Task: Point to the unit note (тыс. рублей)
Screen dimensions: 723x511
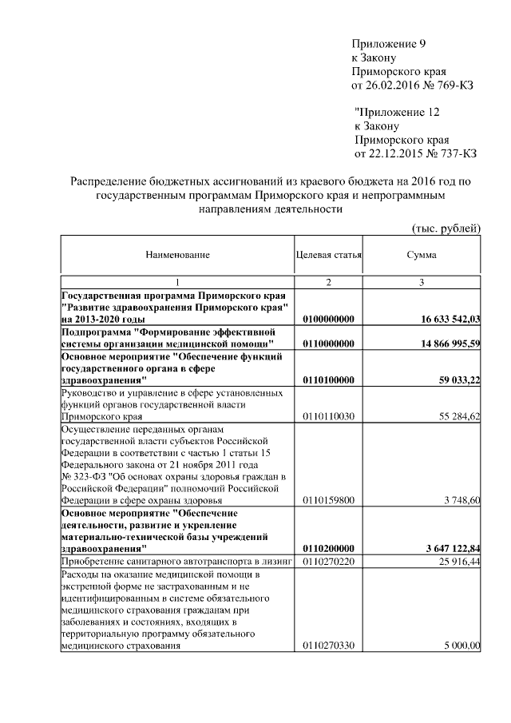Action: (x=446, y=228)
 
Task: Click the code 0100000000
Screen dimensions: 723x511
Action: (x=329, y=319)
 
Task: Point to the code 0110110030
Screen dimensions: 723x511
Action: (x=329, y=416)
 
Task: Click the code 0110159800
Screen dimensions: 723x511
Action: (x=329, y=500)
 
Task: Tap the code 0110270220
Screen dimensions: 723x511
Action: (x=329, y=562)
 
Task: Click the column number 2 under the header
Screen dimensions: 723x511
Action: (x=328, y=283)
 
